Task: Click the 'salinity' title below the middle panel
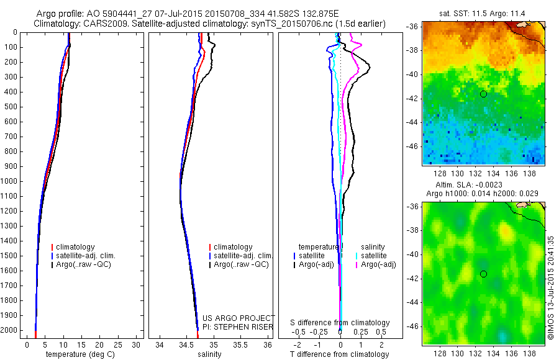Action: point(208,355)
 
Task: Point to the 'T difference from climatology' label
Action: point(340,355)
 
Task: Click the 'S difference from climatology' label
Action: point(340,323)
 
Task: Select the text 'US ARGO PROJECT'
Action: point(239,318)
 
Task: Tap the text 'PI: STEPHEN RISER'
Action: point(239,326)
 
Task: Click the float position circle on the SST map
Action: point(483,94)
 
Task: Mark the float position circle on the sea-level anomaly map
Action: point(483,274)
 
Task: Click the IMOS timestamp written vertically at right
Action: point(552,286)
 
